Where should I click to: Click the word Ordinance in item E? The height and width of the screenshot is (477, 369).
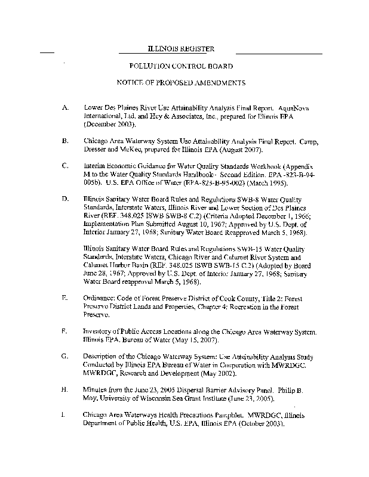(x=99, y=296)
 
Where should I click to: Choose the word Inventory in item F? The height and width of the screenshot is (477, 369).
(x=97, y=330)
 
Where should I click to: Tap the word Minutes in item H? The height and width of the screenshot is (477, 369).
(x=96, y=389)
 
